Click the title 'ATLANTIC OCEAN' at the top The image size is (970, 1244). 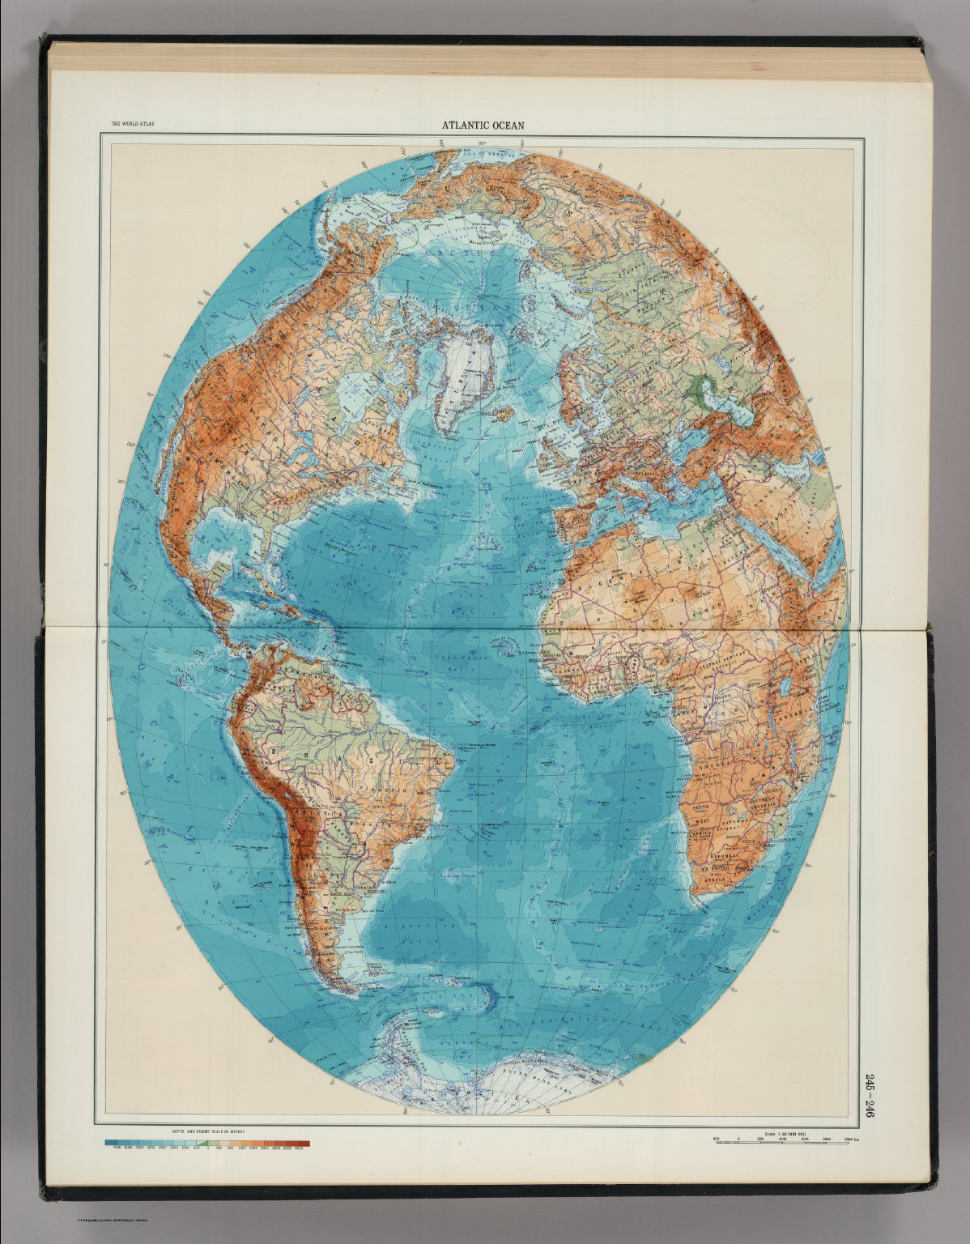[x=483, y=126]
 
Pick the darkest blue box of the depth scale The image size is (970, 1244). [x=110, y=1143]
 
